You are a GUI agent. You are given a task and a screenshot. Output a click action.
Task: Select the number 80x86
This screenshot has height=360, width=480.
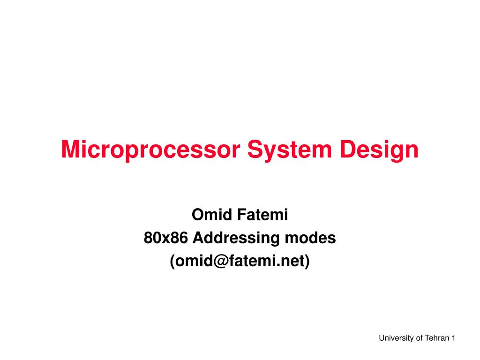(x=165, y=238)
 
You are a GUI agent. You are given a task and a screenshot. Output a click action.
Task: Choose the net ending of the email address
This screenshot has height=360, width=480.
(x=293, y=261)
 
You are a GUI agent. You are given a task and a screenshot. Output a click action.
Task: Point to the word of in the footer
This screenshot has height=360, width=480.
(x=419, y=338)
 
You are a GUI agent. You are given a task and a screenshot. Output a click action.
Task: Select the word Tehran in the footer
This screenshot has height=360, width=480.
(x=437, y=338)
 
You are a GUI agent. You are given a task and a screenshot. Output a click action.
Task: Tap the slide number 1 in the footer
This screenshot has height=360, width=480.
(x=454, y=338)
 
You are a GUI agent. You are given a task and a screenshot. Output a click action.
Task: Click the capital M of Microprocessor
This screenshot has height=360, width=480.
(x=71, y=150)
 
